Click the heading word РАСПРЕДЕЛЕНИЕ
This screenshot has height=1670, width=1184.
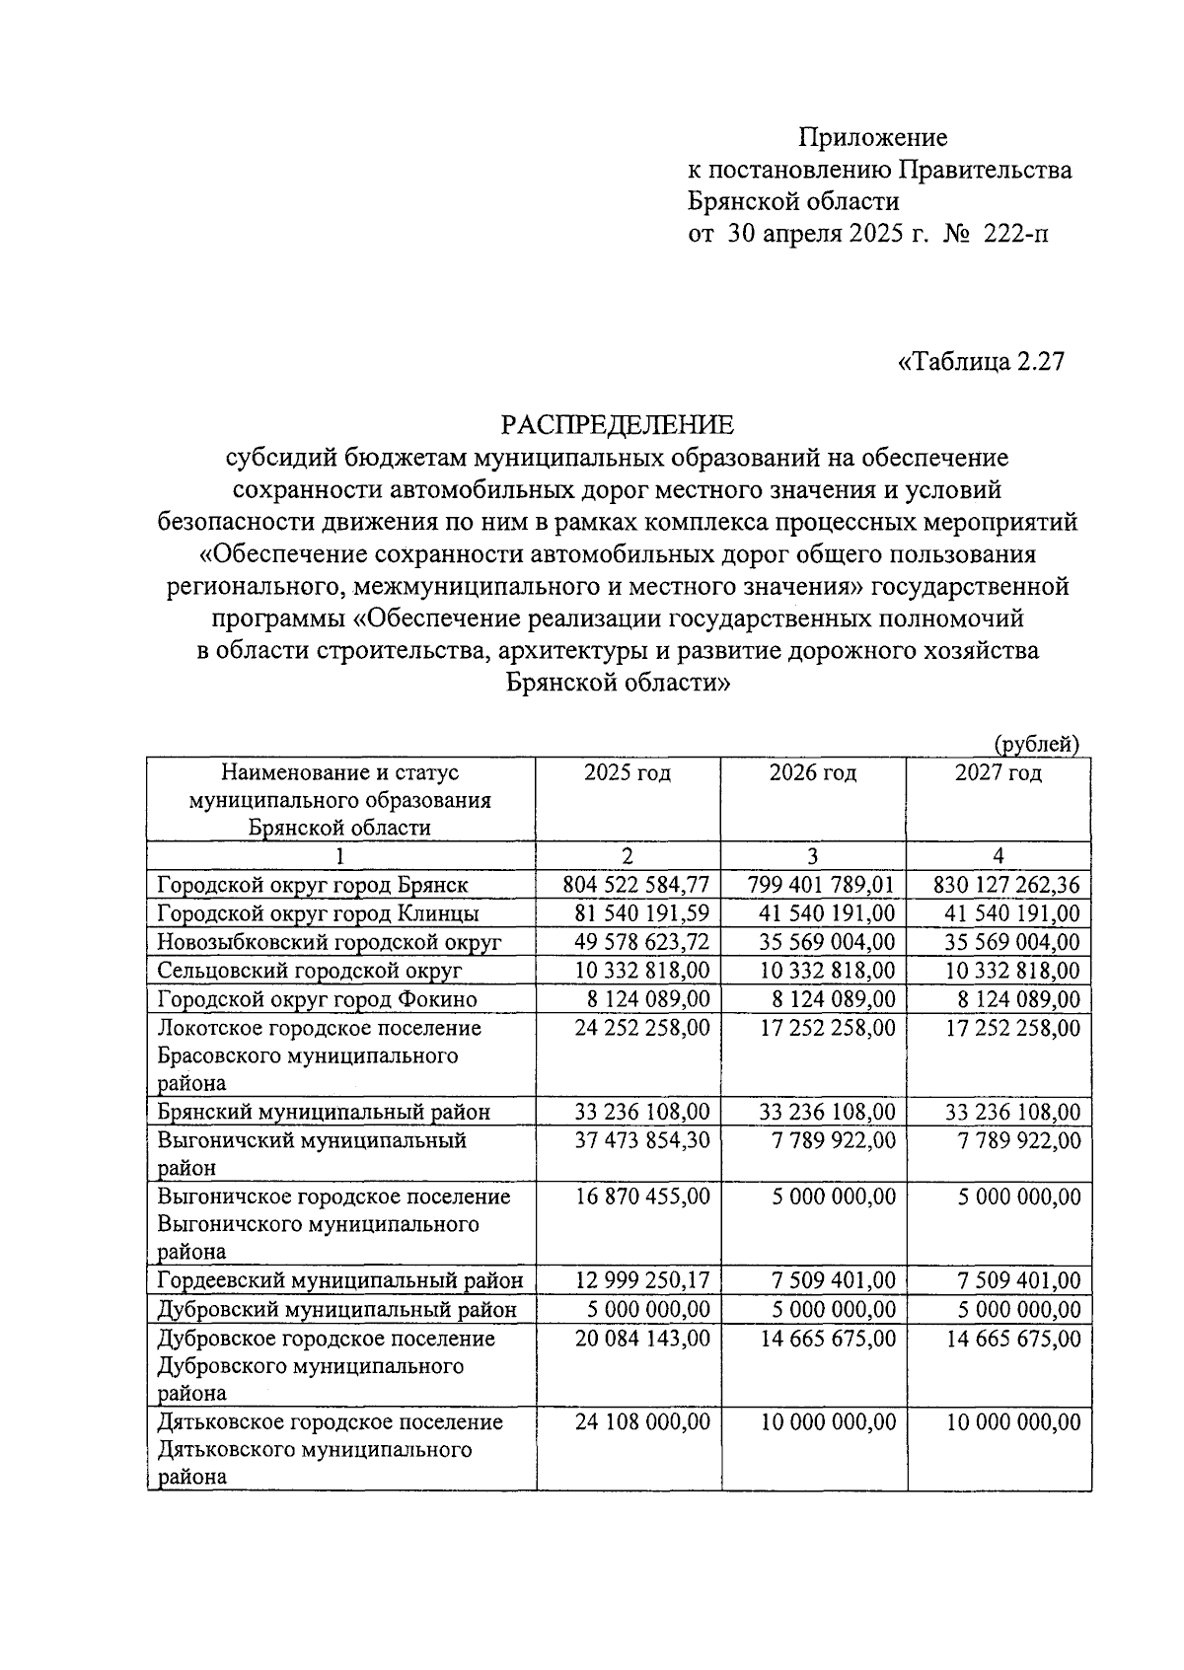pos(618,425)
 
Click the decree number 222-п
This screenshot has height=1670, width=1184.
pos(1016,234)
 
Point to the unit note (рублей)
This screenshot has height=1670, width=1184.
pos(1035,744)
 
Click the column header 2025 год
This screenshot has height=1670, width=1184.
pos(628,772)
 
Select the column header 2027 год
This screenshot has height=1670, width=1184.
pos(999,772)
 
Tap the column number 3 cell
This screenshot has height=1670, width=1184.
pos(813,856)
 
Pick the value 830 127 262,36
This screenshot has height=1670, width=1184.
pos(1006,885)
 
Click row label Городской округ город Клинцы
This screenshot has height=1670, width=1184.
pos(319,913)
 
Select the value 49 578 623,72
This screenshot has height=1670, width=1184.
pos(641,942)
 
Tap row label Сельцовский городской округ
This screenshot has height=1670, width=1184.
pos(310,971)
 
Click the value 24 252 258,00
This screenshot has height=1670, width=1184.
pos(642,1028)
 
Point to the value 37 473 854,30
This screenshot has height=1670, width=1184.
pos(642,1140)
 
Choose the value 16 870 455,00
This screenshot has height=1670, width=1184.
pos(642,1197)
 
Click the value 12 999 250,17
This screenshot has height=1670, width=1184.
pos(642,1281)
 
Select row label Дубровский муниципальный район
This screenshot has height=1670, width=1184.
pos(336,1310)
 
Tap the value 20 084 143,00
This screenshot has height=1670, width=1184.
pos(642,1339)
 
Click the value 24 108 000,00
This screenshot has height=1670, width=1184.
pos(642,1422)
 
